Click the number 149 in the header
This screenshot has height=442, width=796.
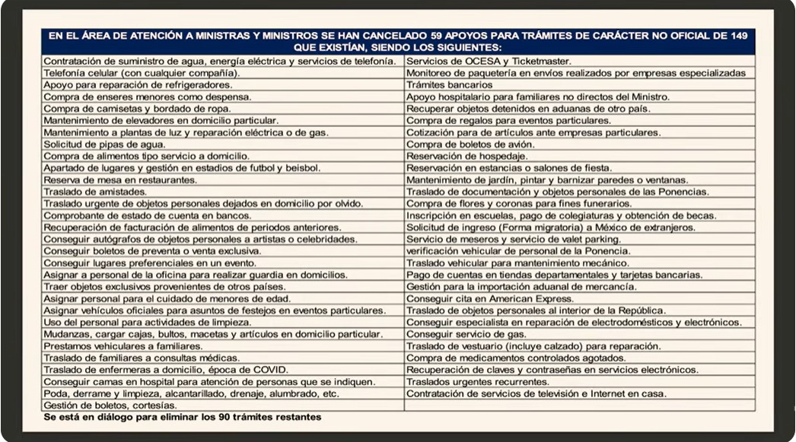(742, 35)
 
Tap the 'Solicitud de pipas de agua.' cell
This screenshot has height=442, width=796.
(104, 145)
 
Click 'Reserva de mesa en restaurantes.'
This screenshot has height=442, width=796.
(120, 180)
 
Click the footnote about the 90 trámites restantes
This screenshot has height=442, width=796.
(183, 417)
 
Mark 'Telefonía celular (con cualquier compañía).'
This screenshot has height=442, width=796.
(142, 73)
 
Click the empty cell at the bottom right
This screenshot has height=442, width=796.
(579, 405)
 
